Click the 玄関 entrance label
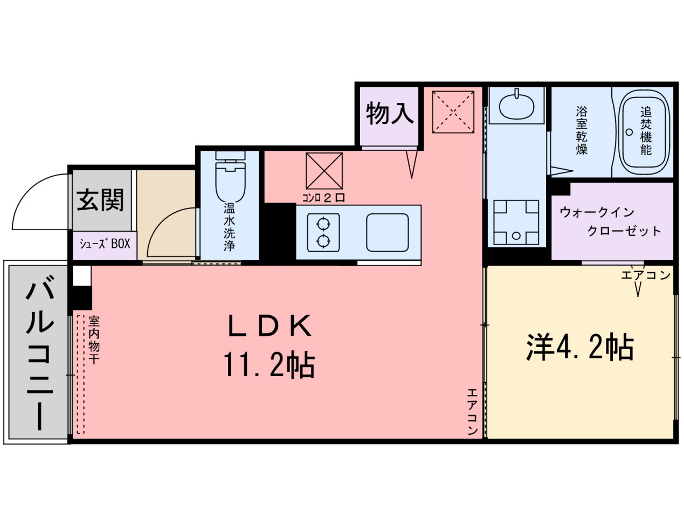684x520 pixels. click(100, 200)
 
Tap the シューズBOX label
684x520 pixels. click(105, 244)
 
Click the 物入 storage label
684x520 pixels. click(390, 114)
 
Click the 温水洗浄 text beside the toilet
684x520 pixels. click(230, 227)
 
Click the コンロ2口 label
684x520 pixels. click(323, 198)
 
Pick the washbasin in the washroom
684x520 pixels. click(517, 106)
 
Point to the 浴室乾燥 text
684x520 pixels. click(582, 130)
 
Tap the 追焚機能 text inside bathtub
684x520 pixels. click(646, 131)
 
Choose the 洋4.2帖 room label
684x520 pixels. click(579, 347)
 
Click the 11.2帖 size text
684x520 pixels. click(269, 366)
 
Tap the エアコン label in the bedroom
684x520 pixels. click(645, 275)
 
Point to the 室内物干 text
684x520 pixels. click(94, 340)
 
